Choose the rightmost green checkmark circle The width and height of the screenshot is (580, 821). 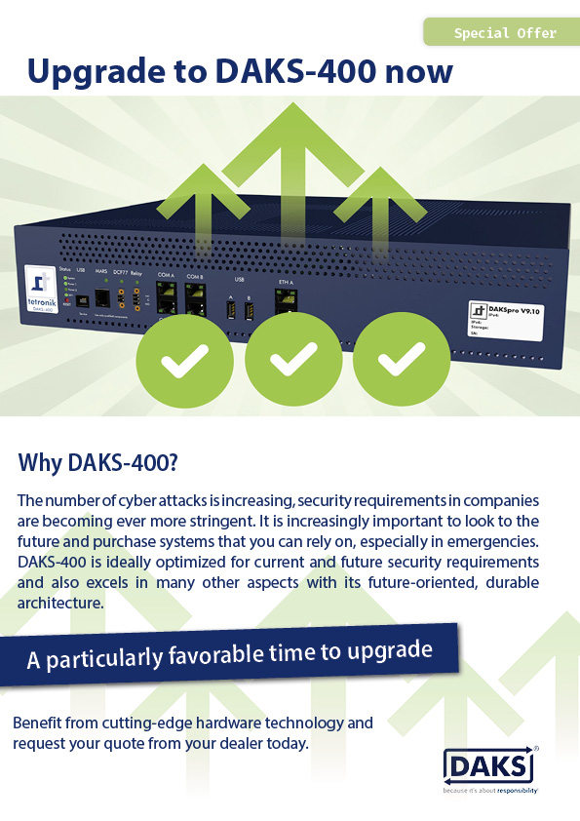point(395,362)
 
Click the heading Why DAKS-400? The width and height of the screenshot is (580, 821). point(97,462)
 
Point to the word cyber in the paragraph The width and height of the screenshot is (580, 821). point(130,500)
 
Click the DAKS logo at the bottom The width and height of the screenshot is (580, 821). point(490,764)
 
